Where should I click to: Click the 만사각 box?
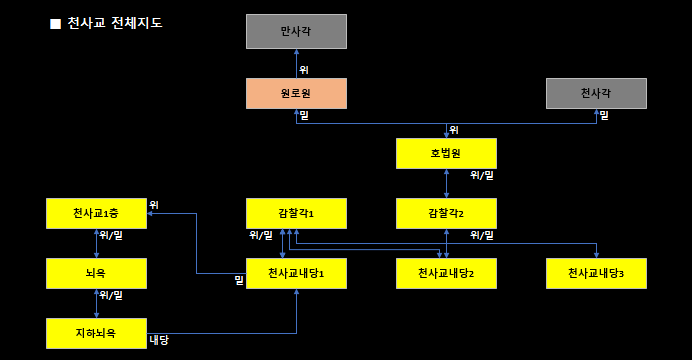click(296, 32)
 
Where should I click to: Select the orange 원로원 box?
click(296, 94)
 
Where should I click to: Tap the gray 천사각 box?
click(596, 94)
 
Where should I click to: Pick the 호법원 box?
click(446, 153)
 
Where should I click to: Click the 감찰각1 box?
click(296, 213)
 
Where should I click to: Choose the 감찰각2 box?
click(446, 213)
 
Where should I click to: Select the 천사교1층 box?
click(96, 213)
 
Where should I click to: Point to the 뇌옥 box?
click(96, 273)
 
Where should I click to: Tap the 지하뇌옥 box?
click(96, 332)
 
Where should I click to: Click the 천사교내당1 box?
click(296, 273)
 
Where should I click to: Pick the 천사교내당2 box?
click(446, 273)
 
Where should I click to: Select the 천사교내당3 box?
click(596, 273)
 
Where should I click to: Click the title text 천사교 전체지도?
click(114, 22)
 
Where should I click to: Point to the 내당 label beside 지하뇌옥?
click(158, 340)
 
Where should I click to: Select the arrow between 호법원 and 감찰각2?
click(446, 183)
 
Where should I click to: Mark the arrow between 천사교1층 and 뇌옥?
click(96, 243)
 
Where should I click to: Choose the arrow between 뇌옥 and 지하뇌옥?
click(96, 302)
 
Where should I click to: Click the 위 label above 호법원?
click(454, 130)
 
